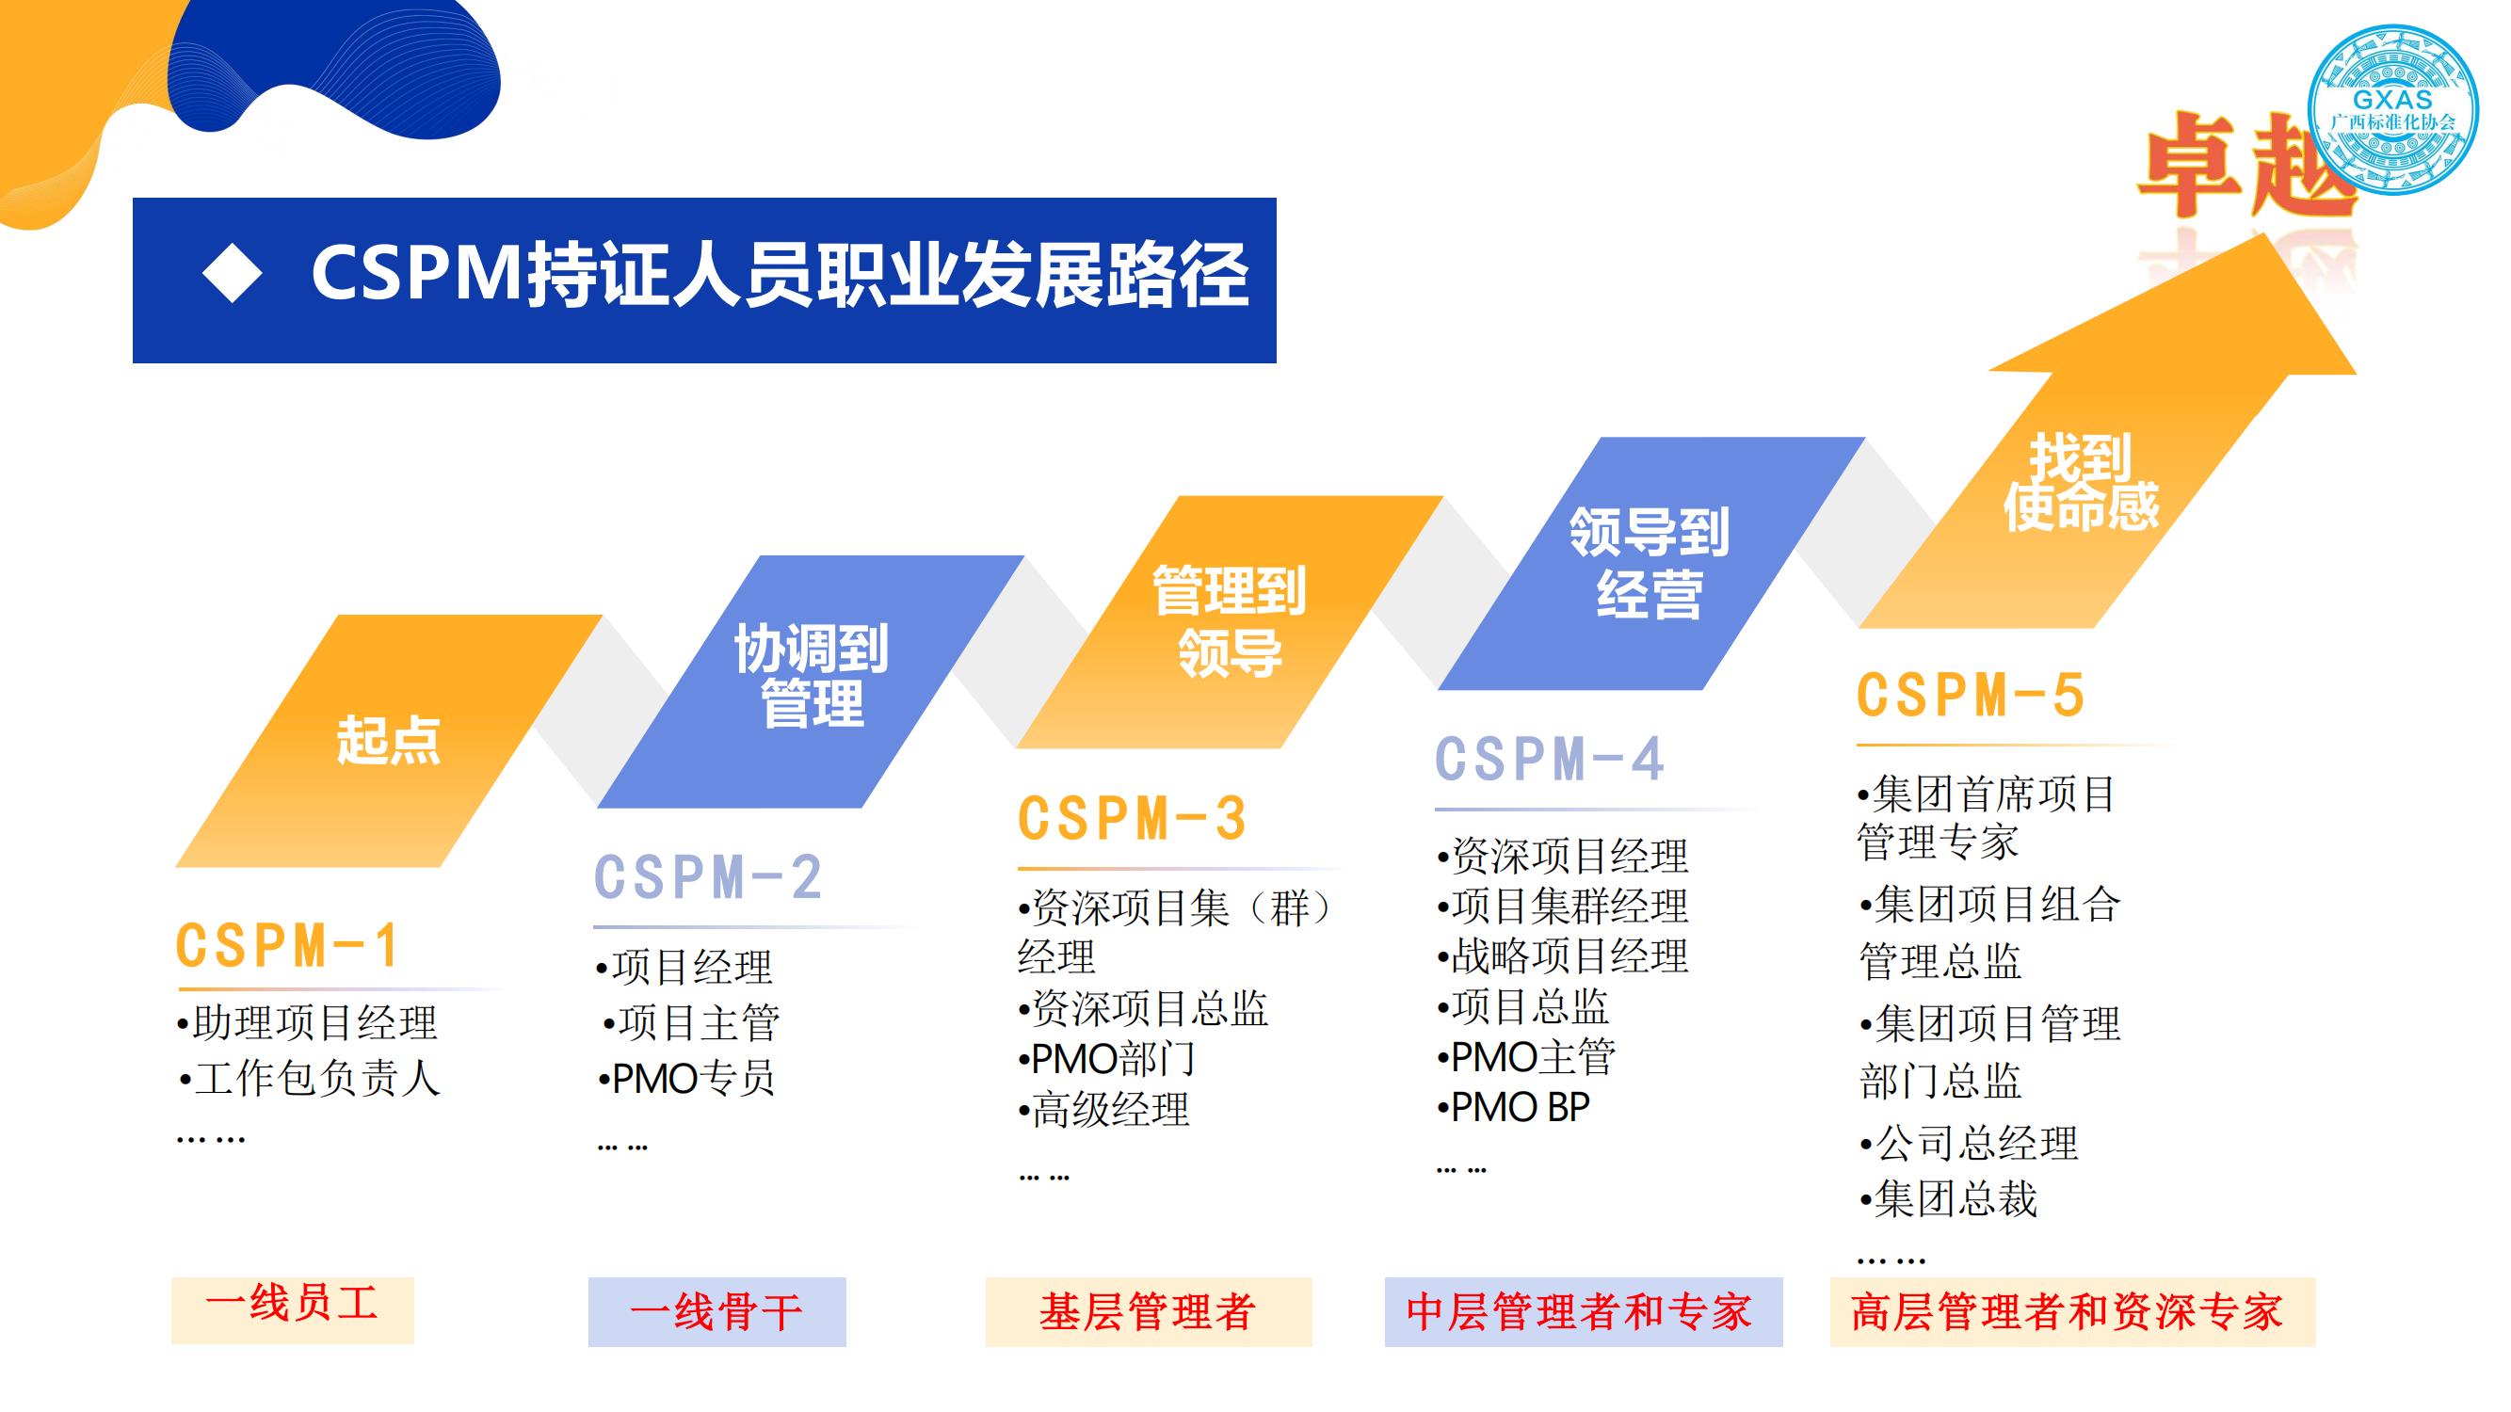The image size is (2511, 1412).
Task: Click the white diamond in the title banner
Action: [232, 273]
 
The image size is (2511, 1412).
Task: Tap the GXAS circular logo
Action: [2392, 110]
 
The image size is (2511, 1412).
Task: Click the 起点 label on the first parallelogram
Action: [388, 740]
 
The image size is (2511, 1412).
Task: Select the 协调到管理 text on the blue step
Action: [811, 676]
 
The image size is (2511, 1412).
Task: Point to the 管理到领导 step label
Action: [1230, 620]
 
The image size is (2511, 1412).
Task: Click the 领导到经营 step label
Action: [1650, 562]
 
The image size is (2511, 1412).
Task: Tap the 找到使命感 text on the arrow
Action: [2081, 483]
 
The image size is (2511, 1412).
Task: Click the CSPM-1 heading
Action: [286, 945]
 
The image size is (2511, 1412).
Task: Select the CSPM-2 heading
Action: [709, 877]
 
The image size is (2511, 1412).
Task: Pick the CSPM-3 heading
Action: [1132, 819]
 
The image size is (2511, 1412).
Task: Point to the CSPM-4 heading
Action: [1549, 759]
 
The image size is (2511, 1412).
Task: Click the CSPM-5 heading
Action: [1970, 696]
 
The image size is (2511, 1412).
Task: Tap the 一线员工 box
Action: [293, 1309]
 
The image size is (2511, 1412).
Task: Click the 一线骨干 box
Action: [716, 1311]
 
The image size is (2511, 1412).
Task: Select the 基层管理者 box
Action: [1149, 1311]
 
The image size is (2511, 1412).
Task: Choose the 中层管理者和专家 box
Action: [1583, 1311]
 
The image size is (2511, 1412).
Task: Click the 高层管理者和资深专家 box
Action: [2072, 1311]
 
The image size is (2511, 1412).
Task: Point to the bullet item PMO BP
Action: [1513, 1107]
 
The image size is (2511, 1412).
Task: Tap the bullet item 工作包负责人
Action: [309, 1079]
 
